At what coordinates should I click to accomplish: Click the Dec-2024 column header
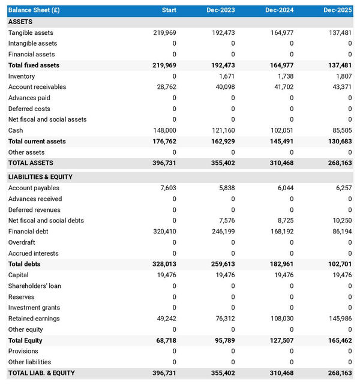[x=279, y=10]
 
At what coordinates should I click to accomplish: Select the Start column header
[x=169, y=10]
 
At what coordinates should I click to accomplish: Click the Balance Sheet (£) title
[x=34, y=10]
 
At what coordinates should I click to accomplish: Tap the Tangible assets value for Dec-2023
[x=221, y=32]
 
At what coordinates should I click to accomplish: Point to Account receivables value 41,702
[x=281, y=87]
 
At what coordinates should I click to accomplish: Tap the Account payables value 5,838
[x=224, y=188]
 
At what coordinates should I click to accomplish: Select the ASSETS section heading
[x=20, y=22]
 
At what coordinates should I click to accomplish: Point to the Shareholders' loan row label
[x=34, y=286]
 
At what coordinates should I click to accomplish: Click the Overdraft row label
[x=22, y=242]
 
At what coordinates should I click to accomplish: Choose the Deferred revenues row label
[x=34, y=210]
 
